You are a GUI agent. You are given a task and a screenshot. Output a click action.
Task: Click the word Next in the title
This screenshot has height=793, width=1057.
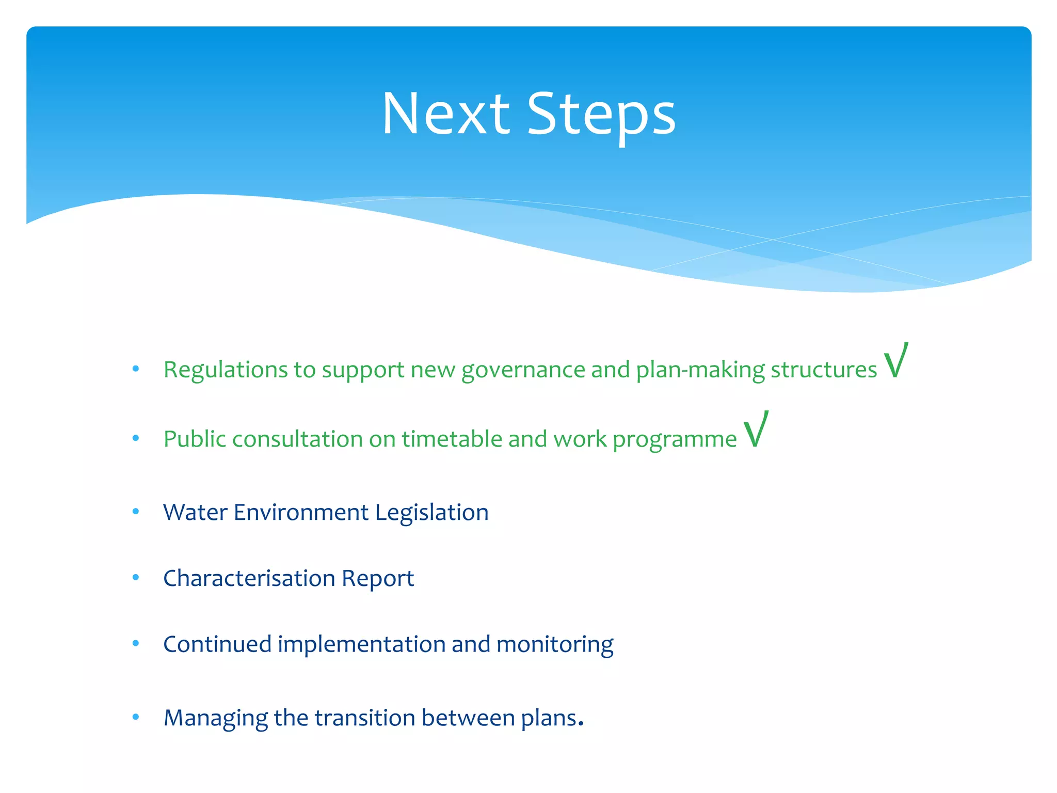click(446, 115)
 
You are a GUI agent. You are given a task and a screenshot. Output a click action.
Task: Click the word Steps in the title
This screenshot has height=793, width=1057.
click(601, 115)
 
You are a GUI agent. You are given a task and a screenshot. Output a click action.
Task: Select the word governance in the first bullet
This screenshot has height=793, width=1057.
click(523, 370)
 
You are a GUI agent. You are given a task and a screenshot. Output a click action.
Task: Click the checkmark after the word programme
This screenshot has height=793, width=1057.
click(756, 430)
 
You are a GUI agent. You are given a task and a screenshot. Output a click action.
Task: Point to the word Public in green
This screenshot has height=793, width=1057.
click(195, 439)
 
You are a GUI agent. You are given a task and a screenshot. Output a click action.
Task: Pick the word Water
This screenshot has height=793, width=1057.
click(195, 513)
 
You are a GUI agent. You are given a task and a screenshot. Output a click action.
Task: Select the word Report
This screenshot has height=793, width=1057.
click(378, 578)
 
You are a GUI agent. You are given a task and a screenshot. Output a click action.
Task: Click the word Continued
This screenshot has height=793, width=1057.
click(217, 644)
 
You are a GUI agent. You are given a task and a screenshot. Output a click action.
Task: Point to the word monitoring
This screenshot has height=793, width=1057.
click(555, 644)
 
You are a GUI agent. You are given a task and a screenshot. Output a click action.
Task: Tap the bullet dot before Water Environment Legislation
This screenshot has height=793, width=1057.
click(136, 512)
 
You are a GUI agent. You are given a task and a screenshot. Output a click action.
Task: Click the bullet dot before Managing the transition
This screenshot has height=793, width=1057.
click(136, 717)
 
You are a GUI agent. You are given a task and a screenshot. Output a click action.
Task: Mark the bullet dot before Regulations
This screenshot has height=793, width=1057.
click(136, 369)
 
